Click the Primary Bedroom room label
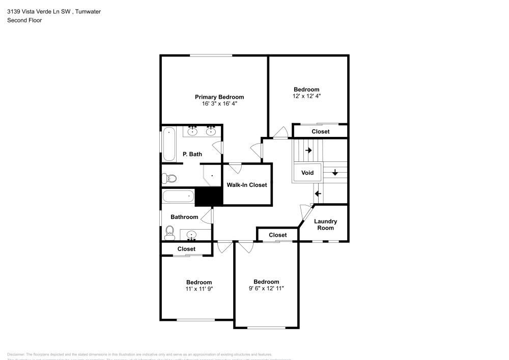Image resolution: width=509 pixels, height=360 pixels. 219,97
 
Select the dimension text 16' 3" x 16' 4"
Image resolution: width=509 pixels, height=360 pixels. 219,103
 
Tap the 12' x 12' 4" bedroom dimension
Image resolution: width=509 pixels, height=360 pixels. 306,96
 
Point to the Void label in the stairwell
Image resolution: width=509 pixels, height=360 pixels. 307,173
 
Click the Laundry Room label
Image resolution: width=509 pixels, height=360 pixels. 325,225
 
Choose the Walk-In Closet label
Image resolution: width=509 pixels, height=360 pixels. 247,185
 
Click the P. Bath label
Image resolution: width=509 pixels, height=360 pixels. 192,154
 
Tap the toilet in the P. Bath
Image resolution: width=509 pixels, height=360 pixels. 169,178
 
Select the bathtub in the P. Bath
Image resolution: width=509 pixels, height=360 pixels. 168,144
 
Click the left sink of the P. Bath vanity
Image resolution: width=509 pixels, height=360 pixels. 193,131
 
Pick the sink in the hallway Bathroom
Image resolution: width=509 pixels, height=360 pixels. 191,235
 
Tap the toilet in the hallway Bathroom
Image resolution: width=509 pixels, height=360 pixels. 169,233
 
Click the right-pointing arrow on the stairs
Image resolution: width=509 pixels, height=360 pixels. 308,151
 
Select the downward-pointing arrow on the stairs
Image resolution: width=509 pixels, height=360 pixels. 335,172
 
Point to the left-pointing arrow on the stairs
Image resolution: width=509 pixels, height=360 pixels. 318,193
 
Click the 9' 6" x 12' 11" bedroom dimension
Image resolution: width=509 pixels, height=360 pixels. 266,288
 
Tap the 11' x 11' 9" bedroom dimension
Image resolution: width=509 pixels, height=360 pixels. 199,289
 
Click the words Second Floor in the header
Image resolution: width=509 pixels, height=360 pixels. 24,20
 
